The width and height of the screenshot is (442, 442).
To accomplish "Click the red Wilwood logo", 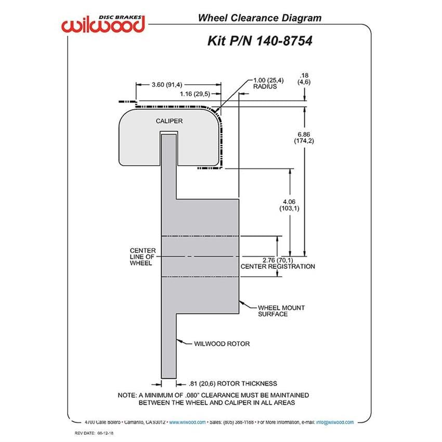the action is tap(103, 24).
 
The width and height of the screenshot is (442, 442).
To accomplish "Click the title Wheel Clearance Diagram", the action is tap(259, 18).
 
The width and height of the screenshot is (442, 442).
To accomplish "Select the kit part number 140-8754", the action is tap(284, 41).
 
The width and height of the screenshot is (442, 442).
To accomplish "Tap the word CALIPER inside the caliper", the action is tap(169, 121).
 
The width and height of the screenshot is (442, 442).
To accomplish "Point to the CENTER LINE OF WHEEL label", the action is tap(142, 257).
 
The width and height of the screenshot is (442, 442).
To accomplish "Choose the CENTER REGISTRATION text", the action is tap(278, 266).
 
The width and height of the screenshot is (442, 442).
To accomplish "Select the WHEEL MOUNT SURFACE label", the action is tap(281, 311).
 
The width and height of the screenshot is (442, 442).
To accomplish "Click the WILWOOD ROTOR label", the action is tap(222, 344).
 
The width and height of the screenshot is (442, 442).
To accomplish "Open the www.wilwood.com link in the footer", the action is tap(187, 422).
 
